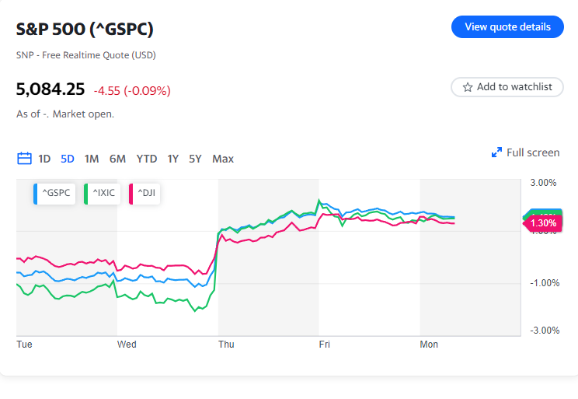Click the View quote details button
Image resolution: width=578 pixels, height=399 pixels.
[x=507, y=26]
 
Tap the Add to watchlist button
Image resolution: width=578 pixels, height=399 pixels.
[x=507, y=87]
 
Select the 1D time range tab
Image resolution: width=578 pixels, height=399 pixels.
[x=44, y=159]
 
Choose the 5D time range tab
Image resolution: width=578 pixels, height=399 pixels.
[x=68, y=159]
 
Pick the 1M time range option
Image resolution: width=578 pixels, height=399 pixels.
[x=92, y=159]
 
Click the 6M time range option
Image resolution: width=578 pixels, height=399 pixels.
[x=117, y=159]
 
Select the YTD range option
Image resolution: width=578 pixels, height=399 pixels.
[x=147, y=159]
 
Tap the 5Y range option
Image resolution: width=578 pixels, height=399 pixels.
[x=196, y=159]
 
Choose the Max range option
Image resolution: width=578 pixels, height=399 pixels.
[x=223, y=159]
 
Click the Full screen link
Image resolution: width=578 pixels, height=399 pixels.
[x=526, y=152]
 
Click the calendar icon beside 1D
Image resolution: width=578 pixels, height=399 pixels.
[x=24, y=159]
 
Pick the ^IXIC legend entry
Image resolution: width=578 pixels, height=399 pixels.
[x=102, y=193]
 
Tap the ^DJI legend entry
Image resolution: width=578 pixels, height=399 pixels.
[x=143, y=193]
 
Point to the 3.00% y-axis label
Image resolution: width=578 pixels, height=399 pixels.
[x=544, y=184]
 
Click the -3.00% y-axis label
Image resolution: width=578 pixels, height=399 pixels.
[x=543, y=330]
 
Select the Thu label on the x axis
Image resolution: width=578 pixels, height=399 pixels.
[x=226, y=344]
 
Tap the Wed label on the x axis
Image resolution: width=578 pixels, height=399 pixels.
[x=127, y=344]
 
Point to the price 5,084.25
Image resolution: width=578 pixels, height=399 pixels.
[x=50, y=89]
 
